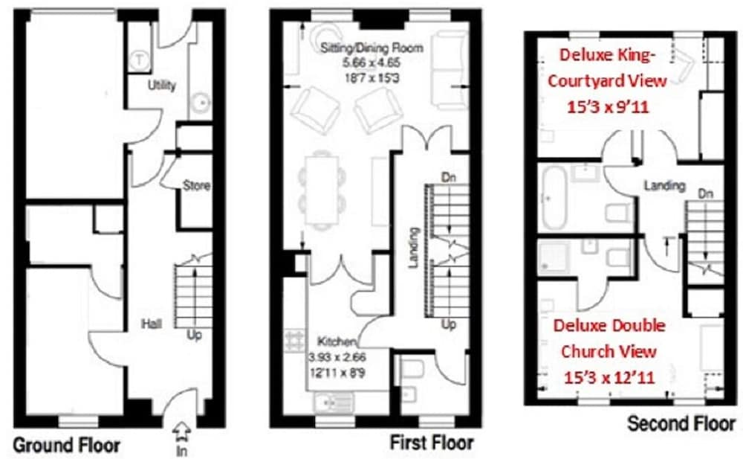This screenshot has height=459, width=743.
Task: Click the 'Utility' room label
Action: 162,86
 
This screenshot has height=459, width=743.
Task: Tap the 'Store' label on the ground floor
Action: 197,185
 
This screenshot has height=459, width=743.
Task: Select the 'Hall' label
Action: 152,324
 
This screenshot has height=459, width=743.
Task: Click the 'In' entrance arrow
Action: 181,439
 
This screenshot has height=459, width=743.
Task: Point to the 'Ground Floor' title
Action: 66,446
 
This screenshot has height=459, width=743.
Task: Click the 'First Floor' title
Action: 432,443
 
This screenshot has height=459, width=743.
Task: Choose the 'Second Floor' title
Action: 681,423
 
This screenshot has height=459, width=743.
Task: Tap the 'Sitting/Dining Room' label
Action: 371,48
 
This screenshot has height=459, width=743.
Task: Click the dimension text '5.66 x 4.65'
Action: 372,62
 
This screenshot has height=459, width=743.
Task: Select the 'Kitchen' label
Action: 337,341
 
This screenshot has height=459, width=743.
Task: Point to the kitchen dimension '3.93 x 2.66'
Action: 337,356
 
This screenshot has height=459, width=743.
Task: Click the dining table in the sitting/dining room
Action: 322,190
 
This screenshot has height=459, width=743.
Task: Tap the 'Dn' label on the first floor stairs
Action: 448,178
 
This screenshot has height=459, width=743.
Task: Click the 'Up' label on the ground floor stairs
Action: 194,335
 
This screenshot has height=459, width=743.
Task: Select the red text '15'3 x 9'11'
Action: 608,107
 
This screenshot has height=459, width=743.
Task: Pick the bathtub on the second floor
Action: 554,197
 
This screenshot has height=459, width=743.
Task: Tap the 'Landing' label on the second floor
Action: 664,185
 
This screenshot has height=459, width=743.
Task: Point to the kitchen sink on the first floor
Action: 333,402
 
